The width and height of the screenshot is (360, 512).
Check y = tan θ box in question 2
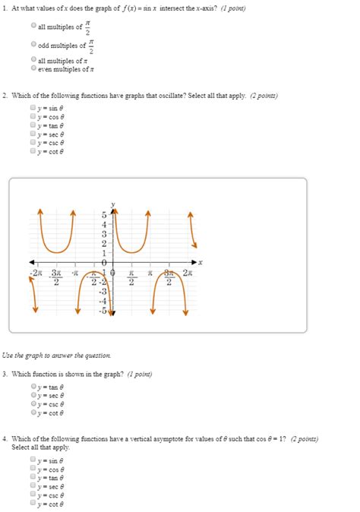(x=33, y=125)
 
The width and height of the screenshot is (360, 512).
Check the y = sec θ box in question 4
(x=33, y=486)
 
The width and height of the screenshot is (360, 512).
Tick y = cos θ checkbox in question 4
(x=33, y=469)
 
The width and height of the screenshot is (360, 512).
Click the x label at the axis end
(x=201, y=262)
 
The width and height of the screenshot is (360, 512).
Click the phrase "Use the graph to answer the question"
(x=56, y=356)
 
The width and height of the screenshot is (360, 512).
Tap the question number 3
(x=5, y=374)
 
